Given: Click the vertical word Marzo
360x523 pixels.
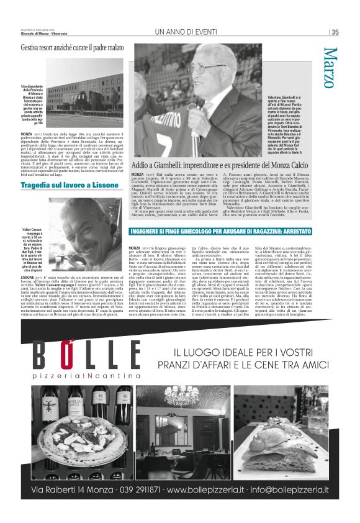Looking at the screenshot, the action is [x=330, y=68].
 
